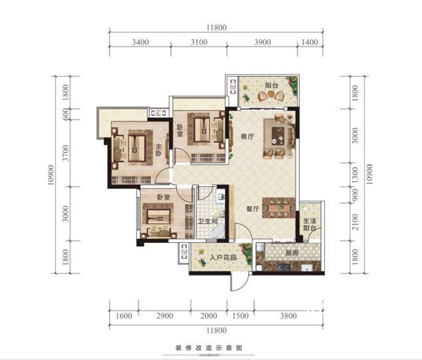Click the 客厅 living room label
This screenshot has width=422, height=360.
pyautogui.click(x=247, y=136)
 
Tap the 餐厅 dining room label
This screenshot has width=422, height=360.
pyautogui.click(x=253, y=209)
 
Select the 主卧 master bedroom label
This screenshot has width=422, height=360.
pyautogui.click(x=158, y=150)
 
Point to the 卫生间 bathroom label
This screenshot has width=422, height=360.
pyautogui.click(x=208, y=222)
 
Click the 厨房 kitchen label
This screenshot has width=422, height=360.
pyautogui.click(x=292, y=253)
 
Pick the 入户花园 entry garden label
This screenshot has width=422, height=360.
pyautogui.click(x=223, y=258)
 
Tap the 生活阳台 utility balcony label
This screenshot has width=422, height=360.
pyautogui.click(x=310, y=224)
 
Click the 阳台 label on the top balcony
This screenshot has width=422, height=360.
pyautogui.click(x=272, y=85)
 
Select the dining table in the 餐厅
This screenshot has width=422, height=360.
pyautogui.click(x=279, y=208)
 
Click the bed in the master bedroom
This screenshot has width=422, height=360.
pyautogui.click(x=136, y=148)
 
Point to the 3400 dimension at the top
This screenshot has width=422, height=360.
pyautogui.click(x=140, y=42)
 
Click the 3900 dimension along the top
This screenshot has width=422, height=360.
pyautogui.click(x=262, y=42)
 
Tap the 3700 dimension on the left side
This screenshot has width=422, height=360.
pyautogui.click(x=65, y=153)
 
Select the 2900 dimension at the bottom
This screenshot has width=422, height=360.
pyautogui.click(x=164, y=315)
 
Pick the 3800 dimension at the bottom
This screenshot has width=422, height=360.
pyautogui.click(x=288, y=315)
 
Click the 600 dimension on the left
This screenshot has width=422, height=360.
pyautogui.click(x=65, y=114)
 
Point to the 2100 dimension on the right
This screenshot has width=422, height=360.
pyautogui.click(x=355, y=222)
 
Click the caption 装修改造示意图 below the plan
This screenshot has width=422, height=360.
pyautogui.click(x=209, y=348)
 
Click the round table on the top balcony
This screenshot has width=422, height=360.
pyautogui.click(x=271, y=94)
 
